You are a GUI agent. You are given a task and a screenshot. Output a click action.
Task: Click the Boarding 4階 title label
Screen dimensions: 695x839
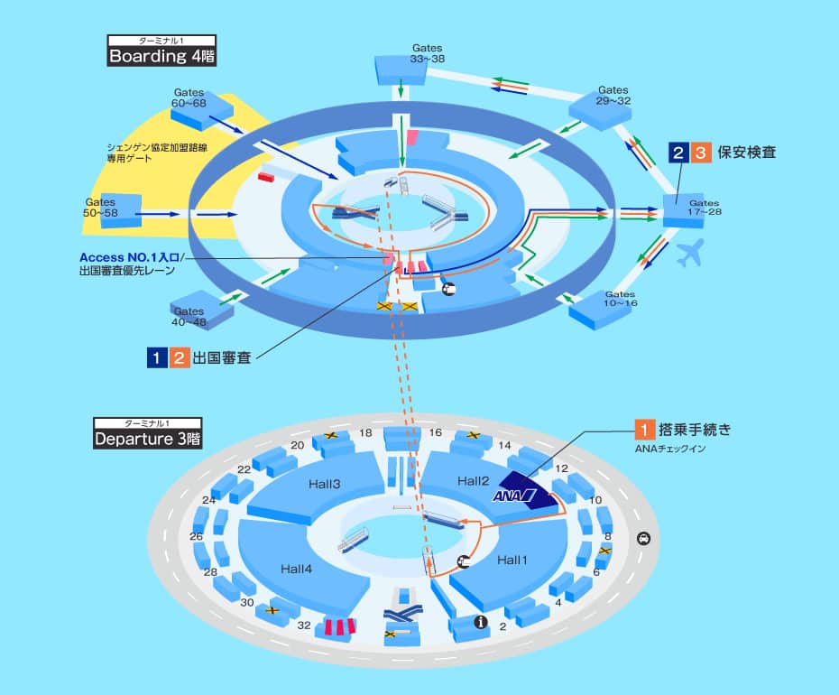pyautogui.click(x=161, y=55)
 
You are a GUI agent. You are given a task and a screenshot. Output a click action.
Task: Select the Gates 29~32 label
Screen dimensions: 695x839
pyautogui.click(x=613, y=96)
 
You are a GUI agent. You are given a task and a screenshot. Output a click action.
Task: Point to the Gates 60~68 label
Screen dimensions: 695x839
pyautogui.click(x=189, y=98)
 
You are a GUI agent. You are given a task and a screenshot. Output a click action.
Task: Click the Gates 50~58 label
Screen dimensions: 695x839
pyautogui.click(x=101, y=208)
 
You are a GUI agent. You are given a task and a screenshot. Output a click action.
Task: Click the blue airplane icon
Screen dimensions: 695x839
pyautogui.click(x=689, y=254)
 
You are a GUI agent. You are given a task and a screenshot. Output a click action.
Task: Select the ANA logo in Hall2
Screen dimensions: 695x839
pyautogui.click(x=514, y=496)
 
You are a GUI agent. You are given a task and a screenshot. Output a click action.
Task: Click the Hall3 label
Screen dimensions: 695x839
pyautogui.click(x=323, y=485)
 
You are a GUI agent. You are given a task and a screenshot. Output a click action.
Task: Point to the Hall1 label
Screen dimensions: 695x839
pyautogui.click(x=511, y=561)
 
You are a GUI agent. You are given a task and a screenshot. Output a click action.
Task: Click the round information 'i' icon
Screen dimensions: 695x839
pyautogui.click(x=481, y=622)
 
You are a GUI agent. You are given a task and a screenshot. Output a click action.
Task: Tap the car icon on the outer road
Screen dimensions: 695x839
pyautogui.click(x=642, y=539)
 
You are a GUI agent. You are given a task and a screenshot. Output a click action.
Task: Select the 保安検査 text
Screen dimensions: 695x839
pyautogui.click(x=748, y=153)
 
